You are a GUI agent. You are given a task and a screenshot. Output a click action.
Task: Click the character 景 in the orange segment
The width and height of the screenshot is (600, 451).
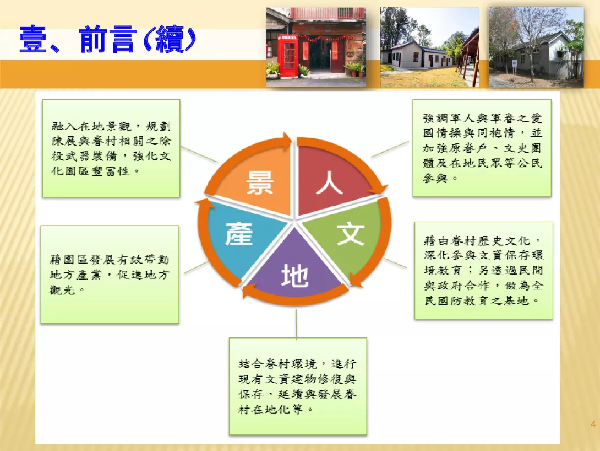(x=260, y=182)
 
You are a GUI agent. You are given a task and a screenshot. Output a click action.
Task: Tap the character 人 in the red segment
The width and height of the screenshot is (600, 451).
(x=329, y=183)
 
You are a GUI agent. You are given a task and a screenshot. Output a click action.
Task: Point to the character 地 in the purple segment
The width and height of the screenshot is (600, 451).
(x=294, y=276)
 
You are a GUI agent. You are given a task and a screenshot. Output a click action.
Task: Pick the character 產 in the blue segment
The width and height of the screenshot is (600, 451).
(x=239, y=233)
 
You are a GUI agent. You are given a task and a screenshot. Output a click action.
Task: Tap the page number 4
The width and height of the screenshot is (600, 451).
(x=593, y=424)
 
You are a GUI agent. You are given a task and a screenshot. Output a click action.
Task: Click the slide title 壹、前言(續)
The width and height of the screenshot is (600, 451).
(x=107, y=39)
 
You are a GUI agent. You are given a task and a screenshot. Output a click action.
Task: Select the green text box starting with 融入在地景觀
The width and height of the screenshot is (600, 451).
(x=111, y=148)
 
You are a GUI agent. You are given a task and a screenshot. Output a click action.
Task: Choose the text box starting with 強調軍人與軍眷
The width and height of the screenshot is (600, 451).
(x=482, y=148)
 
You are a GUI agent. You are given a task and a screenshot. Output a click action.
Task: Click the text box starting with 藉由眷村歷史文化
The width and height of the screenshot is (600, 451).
(x=484, y=270)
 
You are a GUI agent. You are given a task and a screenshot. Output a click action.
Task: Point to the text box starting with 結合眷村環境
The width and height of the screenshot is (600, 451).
(x=298, y=386)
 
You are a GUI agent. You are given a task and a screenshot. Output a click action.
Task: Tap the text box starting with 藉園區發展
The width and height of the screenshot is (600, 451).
(x=110, y=275)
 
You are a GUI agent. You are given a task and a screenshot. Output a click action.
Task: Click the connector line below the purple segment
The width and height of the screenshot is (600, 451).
(x=296, y=324)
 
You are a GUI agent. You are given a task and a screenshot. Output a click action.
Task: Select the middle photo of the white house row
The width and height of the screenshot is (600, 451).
(x=430, y=47)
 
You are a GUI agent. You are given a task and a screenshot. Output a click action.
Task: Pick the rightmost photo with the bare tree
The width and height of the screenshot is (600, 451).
(x=536, y=47)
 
